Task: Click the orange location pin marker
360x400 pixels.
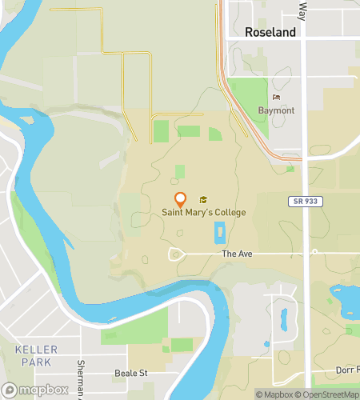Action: tap(181, 200)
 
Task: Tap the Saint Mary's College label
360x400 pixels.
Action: tap(203, 212)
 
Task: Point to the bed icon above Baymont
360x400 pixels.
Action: tap(276, 98)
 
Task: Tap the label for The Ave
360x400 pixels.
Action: tap(237, 254)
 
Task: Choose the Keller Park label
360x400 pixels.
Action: tap(32, 356)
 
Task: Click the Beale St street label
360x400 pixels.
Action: tap(133, 373)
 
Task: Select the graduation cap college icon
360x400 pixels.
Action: tap(203, 199)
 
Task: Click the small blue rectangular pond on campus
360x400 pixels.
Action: tap(220, 234)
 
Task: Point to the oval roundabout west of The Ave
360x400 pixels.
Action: tap(176, 254)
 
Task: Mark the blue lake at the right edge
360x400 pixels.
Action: tap(349, 300)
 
